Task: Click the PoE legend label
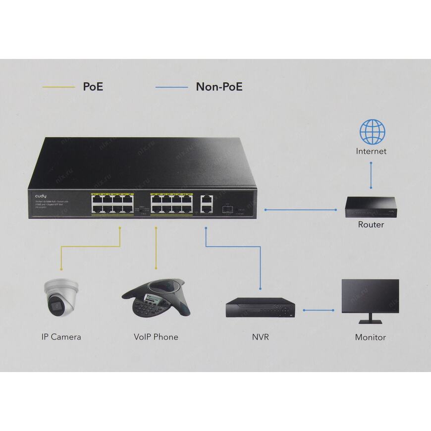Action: pos(93,87)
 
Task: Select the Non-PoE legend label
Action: pos(219,87)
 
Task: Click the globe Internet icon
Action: pos(372,131)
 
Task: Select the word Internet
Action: pos(371,151)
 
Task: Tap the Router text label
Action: pos(371,224)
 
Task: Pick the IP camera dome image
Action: pos(60,297)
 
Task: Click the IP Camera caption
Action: pos(61,337)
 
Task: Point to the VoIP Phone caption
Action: pos(156,337)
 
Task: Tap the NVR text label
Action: pos(261,337)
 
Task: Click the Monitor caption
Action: pos(370,337)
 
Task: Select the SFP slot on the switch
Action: pos(228,210)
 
